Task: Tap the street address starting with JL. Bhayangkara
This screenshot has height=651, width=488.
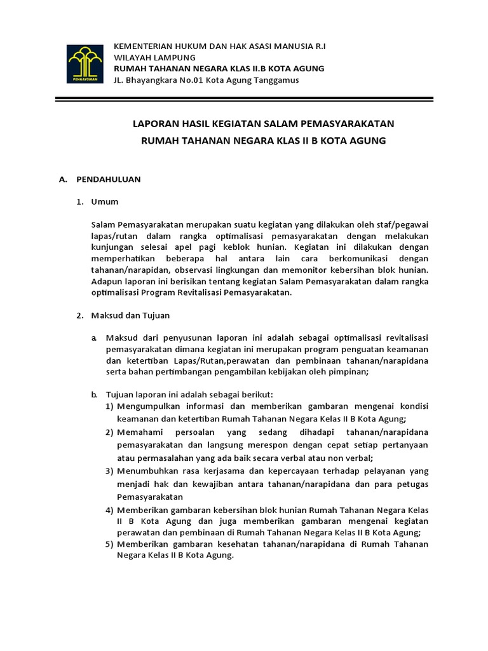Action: [206, 79]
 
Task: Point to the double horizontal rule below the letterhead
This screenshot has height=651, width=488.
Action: [244, 99]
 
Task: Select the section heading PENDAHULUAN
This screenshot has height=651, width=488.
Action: [108, 179]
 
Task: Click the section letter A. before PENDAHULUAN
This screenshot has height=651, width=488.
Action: [63, 179]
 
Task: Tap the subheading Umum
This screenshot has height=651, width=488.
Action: [105, 202]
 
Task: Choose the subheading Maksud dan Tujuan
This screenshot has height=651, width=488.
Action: [130, 315]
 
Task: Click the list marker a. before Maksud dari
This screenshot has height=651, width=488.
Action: [94, 338]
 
